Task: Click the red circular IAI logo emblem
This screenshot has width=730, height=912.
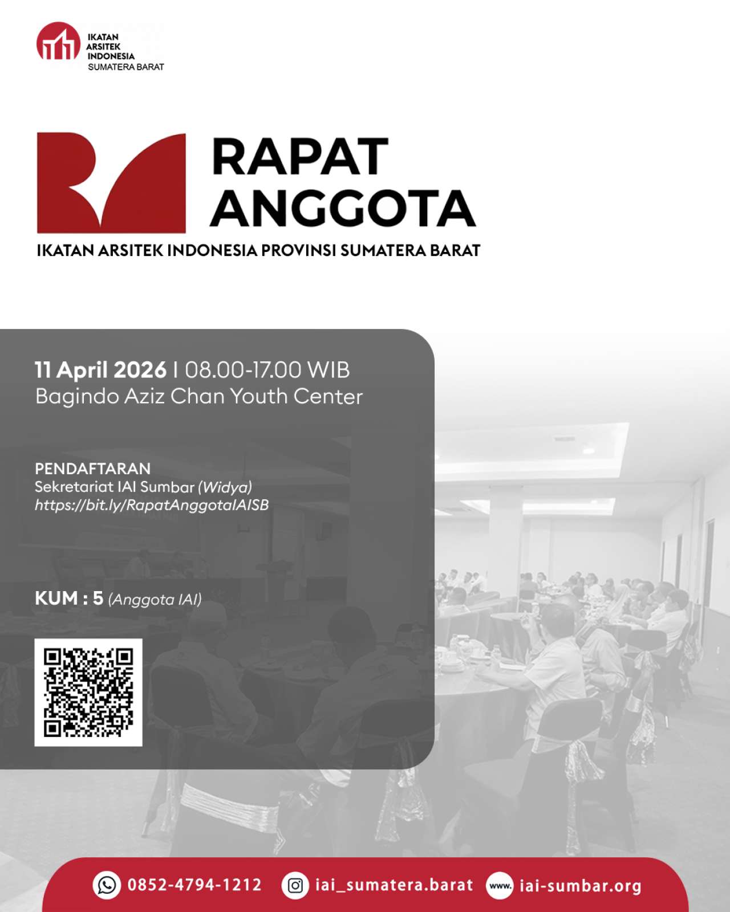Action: [58, 41]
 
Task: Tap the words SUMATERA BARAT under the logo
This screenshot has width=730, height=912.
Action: [125, 67]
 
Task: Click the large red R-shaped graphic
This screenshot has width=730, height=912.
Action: [111, 182]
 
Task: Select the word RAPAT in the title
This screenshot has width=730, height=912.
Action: [300, 156]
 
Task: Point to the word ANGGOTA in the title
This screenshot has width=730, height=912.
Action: [343, 208]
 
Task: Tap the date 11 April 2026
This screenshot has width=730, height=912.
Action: [100, 369]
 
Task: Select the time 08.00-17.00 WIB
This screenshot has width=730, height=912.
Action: [267, 369]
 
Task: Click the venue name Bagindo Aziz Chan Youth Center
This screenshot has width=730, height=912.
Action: [199, 397]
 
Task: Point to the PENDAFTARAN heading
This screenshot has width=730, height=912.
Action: [92, 469]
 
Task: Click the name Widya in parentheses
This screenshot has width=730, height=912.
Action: [225, 487]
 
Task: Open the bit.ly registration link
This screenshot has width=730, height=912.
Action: [152, 505]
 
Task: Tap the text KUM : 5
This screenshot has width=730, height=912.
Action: [69, 598]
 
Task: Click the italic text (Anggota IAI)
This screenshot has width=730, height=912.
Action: [155, 600]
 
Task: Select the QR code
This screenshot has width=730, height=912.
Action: [88, 693]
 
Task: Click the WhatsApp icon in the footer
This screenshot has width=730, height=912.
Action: [107, 885]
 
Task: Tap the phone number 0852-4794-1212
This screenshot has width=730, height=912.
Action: [194, 885]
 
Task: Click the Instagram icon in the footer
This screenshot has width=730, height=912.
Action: [295, 885]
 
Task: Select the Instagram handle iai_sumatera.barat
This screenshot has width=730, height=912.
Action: [394, 885]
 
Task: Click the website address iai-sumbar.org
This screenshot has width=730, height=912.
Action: [580, 886]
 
